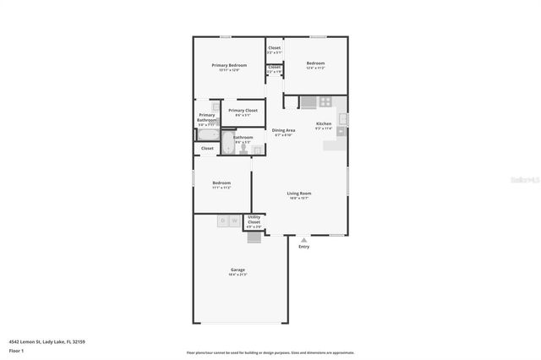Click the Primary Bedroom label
click(x=229, y=65)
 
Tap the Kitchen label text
click(x=324, y=123)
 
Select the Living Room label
click(x=299, y=194)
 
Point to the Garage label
click(x=237, y=270)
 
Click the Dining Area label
click(x=283, y=130)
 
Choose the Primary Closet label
click(x=243, y=111)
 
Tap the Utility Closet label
click(x=254, y=220)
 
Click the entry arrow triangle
click(x=303, y=239)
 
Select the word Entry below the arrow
click(x=303, y=247)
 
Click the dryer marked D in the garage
click(x=223, y=221)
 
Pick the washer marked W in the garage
click(x=234, y=221)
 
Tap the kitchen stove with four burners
click(x=325, y=102)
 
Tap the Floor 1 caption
click(x=16, y=350)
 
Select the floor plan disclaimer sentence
click(x=270, y=352)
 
